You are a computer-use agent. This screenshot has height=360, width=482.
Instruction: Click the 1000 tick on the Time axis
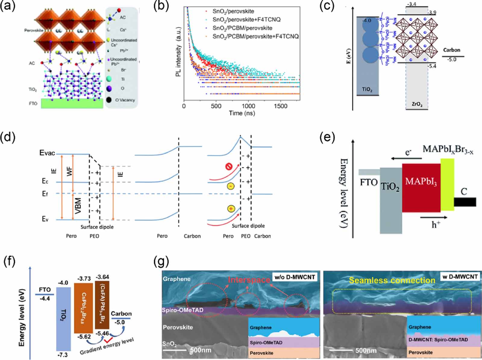[x=248, y=106]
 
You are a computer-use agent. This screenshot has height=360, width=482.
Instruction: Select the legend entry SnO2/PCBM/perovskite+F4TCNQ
[x=255, y=36]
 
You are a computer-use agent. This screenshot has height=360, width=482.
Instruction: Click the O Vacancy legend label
[x=125, y=100]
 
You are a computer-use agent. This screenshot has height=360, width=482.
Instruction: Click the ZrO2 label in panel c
[x=417, y=104]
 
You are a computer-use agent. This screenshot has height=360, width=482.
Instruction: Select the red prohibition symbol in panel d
[x=229, y=166]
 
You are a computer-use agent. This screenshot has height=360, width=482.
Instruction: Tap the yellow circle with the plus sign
[x=231, y=209]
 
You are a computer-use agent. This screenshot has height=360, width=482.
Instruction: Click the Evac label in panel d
[x=47, y=153]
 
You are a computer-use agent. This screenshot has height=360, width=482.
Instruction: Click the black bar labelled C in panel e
[x=465, y=202]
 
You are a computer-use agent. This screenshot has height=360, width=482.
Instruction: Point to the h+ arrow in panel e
[x=434, y=217]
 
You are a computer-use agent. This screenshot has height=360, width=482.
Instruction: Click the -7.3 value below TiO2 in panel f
[x=63, y=355]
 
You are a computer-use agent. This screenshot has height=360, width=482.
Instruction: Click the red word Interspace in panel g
[x=249, y=280]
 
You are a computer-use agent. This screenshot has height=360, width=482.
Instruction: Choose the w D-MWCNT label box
[x=460, y=277]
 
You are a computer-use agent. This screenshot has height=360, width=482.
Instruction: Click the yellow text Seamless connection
[x=392, y=280]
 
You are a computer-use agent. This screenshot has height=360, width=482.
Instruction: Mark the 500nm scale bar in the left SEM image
[x=174, y=350]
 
